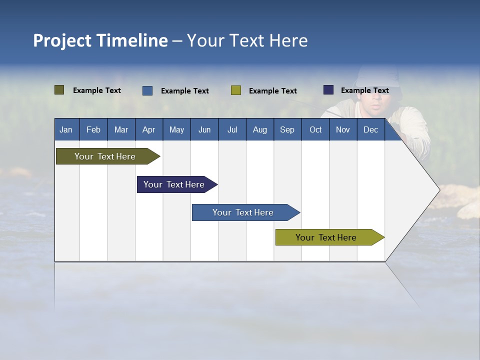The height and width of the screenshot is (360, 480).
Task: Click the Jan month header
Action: click(66, 129)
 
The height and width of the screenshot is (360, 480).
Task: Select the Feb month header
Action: click(93, 129)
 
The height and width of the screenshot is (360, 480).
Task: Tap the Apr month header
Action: click(148, 129)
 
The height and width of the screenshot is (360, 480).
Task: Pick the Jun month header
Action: click(204, 129)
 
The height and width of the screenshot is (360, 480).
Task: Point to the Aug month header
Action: click(260, 129)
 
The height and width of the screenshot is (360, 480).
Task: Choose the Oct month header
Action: click(315, 129)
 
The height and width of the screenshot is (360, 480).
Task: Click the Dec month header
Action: click(371, 129)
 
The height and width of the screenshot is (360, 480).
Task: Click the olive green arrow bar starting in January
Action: click(105, 156)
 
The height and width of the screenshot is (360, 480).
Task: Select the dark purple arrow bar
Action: click(174, 184)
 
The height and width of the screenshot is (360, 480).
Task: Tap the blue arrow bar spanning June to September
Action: click(243, 212)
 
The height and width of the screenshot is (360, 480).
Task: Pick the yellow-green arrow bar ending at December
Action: click(326, 237)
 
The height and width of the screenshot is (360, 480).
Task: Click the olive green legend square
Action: click(59, 90)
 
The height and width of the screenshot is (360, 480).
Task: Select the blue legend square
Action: click(147, 90)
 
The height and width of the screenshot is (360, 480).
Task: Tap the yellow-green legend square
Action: click(236, 90)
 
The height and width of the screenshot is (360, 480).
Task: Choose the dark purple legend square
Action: click(328, 90)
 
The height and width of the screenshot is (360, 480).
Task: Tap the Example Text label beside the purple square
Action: click(364, 90)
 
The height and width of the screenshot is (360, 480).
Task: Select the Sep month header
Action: click(287, 129)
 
